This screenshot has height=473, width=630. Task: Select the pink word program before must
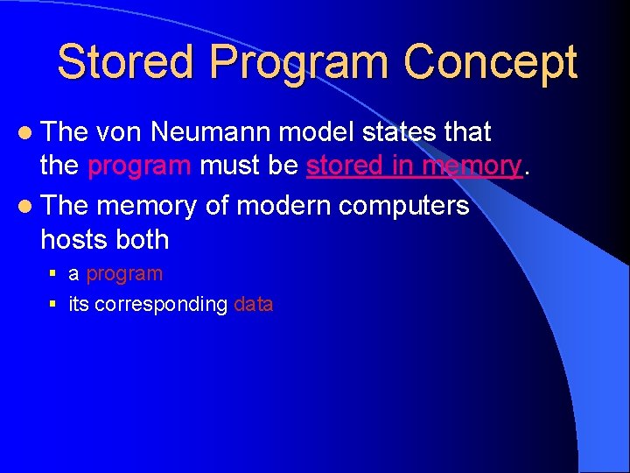(139, 166)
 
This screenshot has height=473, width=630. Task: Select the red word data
(254, 305)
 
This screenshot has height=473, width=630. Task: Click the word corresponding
(161, 305)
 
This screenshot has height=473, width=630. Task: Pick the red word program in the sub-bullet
(124, 274)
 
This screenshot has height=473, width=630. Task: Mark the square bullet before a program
(52, 274)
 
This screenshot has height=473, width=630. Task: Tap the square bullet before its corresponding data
(52, 305)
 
